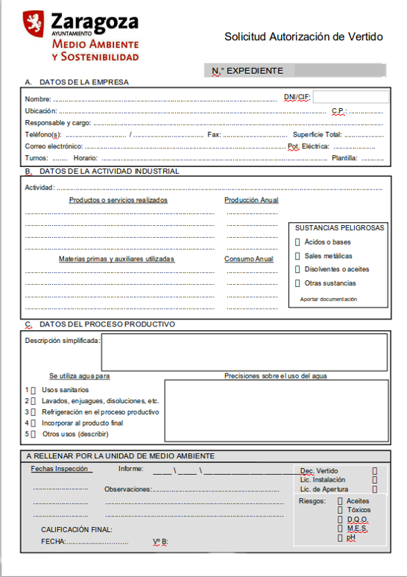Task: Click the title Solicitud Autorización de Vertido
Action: [x=303, y=36]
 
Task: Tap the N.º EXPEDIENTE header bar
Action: [x=295, y=71]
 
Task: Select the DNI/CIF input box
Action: [x=350, y=97]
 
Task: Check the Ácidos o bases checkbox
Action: [x=298, y=242]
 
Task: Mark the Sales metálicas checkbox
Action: [x=298, y=256]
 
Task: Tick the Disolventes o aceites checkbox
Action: [x=298, y=269]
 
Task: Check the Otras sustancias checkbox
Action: [x=298, y=283]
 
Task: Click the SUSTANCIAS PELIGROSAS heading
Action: [x=340, y=227]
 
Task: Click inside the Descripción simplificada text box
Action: [x=244, y=352]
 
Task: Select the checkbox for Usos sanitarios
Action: [x=33, y=390]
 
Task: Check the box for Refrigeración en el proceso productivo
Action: [x=33, y=412]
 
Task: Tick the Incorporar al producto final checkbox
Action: [x=33, y=423]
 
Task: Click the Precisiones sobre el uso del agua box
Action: [x=275, y=412]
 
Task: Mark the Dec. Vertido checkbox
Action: [x=374, y=470]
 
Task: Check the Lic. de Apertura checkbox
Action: [x=374, y=490]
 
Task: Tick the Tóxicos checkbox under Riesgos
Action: [x=341, y=510]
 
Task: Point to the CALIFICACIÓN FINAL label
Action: [x=76, y=529]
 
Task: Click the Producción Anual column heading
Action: [x=251, y=200]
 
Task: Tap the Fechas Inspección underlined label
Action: [x=61, y=469]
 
